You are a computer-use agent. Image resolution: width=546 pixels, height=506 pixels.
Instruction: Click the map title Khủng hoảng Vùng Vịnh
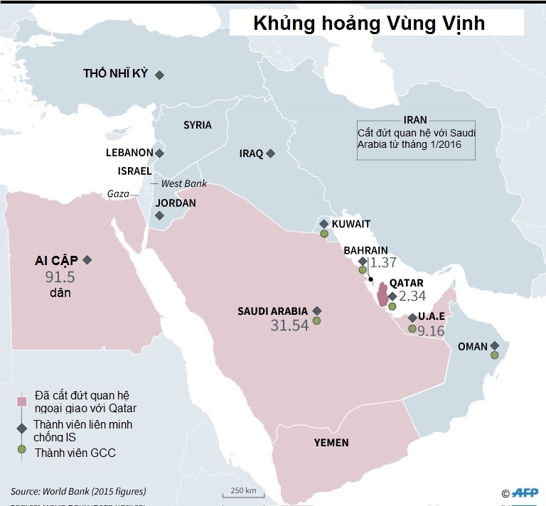369,23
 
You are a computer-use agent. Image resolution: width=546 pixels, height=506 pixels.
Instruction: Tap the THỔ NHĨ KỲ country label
115,73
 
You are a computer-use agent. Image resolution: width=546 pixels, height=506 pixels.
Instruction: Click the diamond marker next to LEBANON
160,153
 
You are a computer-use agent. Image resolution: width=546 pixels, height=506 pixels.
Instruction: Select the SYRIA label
197,125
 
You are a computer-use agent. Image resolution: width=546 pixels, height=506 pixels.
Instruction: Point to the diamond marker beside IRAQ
270,153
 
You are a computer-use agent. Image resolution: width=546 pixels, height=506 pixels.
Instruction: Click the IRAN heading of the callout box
415,120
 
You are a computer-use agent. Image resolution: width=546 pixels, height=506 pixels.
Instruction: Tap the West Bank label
183,183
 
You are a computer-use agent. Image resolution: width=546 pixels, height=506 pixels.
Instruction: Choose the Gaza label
118,193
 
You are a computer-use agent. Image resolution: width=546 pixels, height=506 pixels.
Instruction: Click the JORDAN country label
176,203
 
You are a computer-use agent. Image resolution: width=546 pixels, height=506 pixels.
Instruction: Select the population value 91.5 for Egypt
60,277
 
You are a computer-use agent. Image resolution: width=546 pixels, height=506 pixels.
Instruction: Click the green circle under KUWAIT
323,233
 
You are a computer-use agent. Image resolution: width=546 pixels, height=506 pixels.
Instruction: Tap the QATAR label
406,283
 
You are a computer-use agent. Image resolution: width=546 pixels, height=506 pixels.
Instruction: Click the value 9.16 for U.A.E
431,330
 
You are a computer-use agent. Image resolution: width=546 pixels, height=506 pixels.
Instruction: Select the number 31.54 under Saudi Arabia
289,325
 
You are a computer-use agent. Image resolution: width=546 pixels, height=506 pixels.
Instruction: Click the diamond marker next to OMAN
495,346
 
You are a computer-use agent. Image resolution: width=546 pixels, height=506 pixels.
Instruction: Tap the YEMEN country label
331,443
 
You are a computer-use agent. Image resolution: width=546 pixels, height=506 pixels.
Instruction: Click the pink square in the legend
22,402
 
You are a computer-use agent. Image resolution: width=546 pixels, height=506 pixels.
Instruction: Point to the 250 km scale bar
242,491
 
